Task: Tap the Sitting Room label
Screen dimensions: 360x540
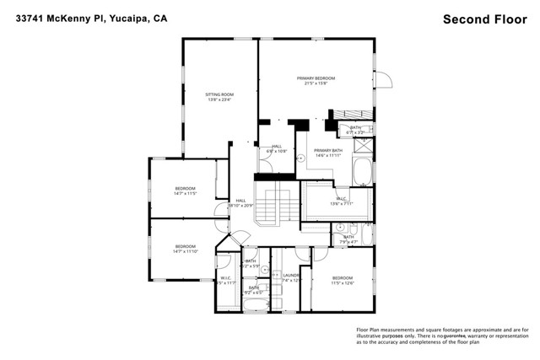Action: (x=219, y=97)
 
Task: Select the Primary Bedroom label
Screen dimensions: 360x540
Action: (x=316, y=81)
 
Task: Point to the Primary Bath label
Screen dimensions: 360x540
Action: (x=327, y=153)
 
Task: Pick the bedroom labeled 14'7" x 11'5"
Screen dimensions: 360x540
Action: (x=185, y=191)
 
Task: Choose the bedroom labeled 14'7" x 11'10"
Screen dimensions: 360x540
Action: (x=185, y=249)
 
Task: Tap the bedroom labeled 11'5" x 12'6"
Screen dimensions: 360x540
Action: (x=342, y=281)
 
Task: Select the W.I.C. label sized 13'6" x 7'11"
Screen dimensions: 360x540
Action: (x=342, y=201)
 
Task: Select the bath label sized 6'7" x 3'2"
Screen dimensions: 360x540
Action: (x=355, y=129)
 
